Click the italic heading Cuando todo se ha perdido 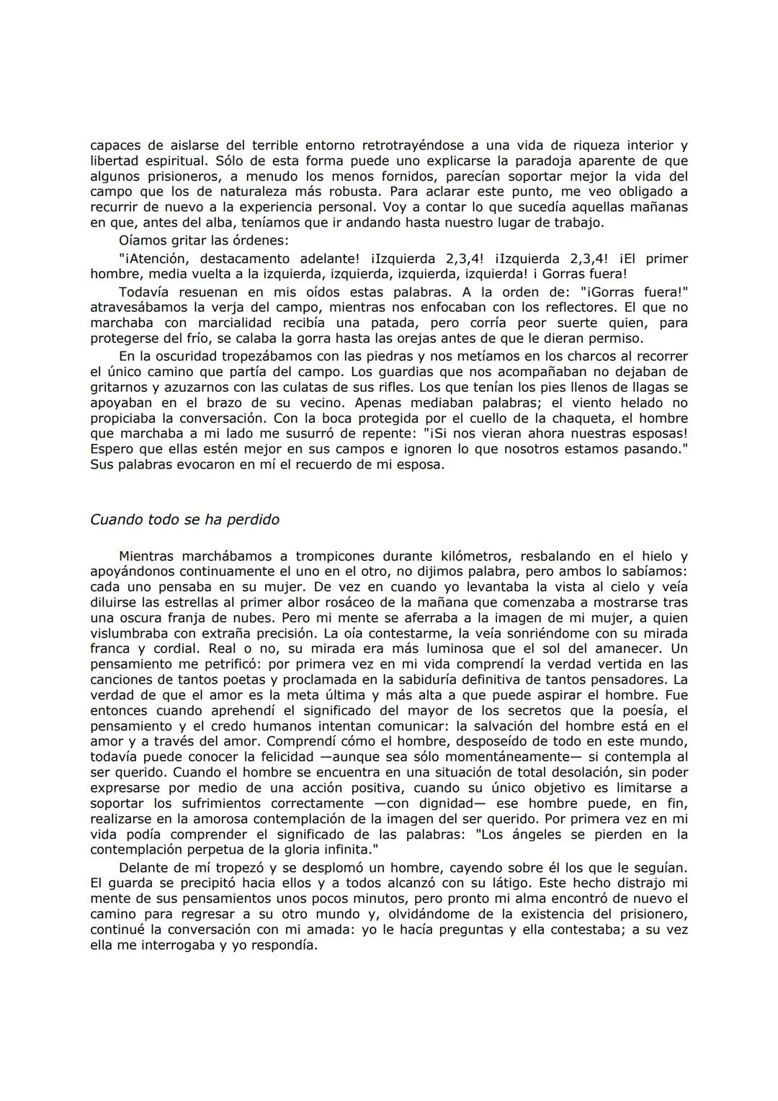click(184, 520)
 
